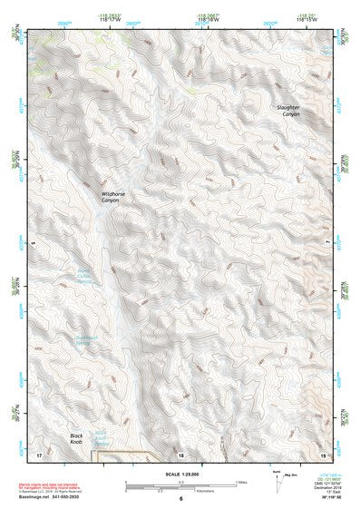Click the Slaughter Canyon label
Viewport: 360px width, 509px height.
click(288, 111)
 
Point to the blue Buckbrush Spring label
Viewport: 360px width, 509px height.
click(83, 342)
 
